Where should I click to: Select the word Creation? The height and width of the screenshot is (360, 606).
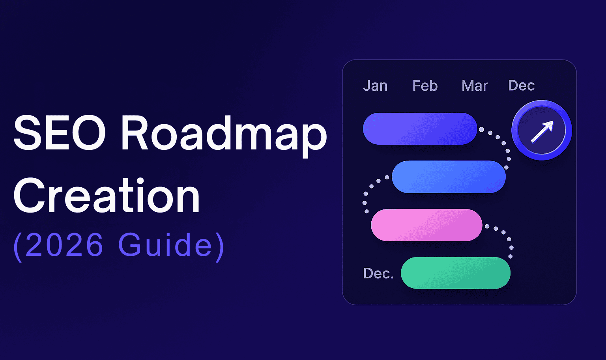coord(107,195)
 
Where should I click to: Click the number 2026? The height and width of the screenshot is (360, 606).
coord(64,244)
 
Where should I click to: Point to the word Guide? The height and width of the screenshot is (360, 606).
coord(165,244)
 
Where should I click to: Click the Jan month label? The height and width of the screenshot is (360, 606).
coord(375,86)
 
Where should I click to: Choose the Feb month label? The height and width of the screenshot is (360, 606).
coord(425,86)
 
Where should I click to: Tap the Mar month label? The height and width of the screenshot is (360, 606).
coord(475,86)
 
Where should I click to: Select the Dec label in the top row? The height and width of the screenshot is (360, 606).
coord(521,86)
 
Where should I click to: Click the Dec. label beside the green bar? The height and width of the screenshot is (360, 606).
coord(378,273)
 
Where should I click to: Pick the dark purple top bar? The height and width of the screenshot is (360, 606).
coord(420,129)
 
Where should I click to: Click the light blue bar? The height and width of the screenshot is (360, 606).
coord(449,177)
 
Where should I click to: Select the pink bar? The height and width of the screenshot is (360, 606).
coord(426,225)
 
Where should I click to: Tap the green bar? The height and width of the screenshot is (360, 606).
coord(456,273)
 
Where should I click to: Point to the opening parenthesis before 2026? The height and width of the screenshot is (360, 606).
coord(18,247)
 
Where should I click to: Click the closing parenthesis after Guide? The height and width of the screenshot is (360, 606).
coord(220,247)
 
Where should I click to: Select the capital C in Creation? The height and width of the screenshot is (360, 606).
coord(29,195)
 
